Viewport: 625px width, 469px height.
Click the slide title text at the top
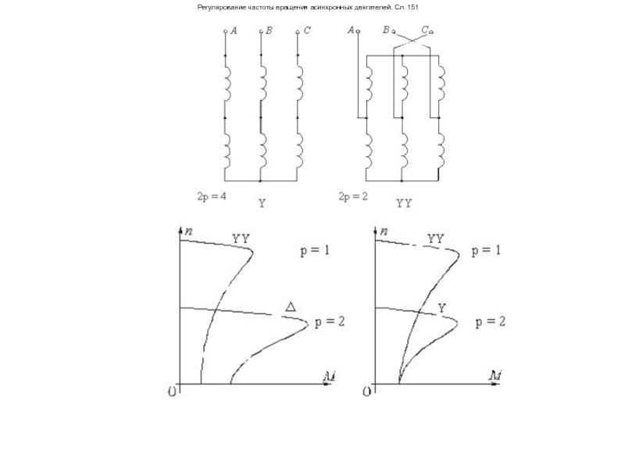coord(312,6)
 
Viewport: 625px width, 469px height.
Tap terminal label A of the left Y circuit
coord(234,30)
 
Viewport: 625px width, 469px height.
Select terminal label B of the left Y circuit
coord(269,30)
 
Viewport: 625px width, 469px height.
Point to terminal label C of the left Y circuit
coord(307,30)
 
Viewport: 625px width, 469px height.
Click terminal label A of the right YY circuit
coord(351,30)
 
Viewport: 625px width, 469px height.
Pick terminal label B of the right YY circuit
coord(386,30)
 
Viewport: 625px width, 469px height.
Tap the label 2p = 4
coord(211,196)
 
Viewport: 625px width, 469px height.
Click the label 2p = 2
coord(353,196)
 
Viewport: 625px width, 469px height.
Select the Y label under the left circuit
coord(262,202)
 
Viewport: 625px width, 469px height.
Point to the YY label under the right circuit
coord(404,202)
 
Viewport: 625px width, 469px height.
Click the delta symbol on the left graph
coord(291,306)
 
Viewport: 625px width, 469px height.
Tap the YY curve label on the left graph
coord(241,238)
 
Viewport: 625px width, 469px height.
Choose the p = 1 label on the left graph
coord(316,251)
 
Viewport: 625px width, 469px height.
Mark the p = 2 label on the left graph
coord(329,321)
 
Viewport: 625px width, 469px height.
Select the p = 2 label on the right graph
coord(490,321)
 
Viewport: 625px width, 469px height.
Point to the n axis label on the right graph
coord(384,231)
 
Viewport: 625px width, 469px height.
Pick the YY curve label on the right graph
coord(435,238)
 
